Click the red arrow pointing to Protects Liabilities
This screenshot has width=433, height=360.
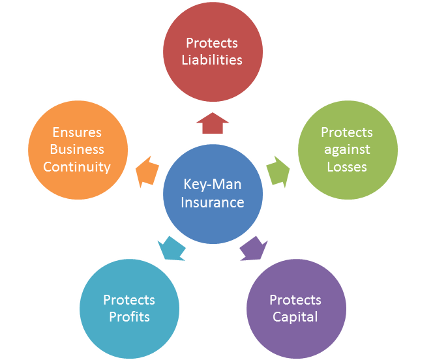pyautogui.click(x=212, y=123)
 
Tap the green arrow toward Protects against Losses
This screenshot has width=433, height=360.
pyautogui.click(x=278, y=171)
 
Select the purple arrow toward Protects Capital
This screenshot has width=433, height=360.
pyautogui.click(x=254, y=248)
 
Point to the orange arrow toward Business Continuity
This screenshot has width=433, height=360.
pyautogui.click(x=147, y=172)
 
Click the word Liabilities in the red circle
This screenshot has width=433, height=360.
pyautogui.click(x=212, y=59)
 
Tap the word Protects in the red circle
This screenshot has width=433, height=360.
pyautogui.click(x=212, y=43)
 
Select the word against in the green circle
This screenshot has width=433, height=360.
pyautogui.click(x=347, y=149)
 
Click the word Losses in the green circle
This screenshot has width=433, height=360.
pyautogui.click(x=347, y=166)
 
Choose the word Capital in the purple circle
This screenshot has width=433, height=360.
pyautogui.click(x=295, y=317)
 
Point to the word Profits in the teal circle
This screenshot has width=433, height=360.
pyautogui.click(x=129, y=317)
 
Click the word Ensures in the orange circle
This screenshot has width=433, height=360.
pyautogui.click(x=77, y=132)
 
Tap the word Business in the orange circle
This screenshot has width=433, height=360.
pyautogui.click(x=77, y=149)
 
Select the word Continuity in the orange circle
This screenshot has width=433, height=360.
pyautogui.click(x=77, y=166)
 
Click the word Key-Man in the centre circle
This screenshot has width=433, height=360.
pyautogui.click(x=213, y=185)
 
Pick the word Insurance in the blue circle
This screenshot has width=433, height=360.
pyautogui.click(x=213, y=202)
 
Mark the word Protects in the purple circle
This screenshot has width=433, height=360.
pyautogui.click(x=295, y=300)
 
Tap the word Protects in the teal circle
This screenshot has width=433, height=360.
pyautogui.click(x=129, y=300)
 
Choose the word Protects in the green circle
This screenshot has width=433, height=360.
pyautogui.click(x=347, y=132)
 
